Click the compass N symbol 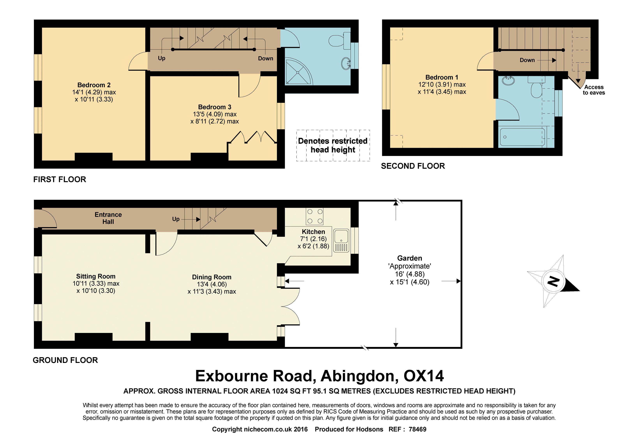pos(553,282)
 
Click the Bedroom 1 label pos(442,77)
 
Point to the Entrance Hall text pos(108,218)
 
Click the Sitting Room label pos(96,276)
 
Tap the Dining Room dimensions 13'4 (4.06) pos(212,284)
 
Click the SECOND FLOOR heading pos(413,166)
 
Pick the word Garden pos(410,258)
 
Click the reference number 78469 pos(417,429)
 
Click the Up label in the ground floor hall pos(176,219)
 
